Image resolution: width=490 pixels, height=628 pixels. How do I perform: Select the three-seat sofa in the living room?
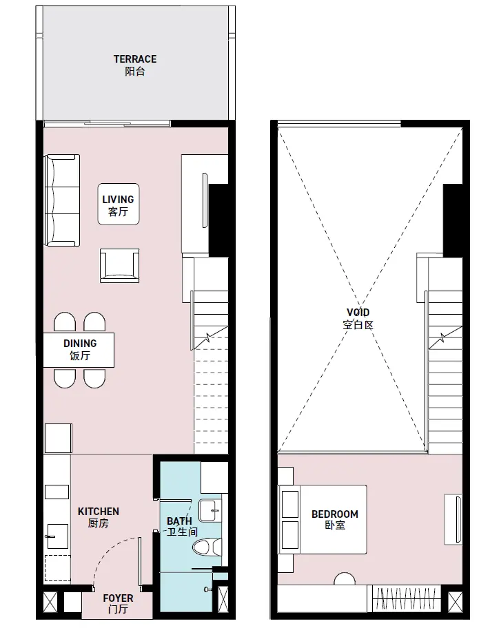62,200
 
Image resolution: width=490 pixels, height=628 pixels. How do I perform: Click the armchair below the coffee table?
119,266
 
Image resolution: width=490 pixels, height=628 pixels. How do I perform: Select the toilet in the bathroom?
207,547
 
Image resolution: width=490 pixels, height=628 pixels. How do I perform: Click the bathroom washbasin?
210,511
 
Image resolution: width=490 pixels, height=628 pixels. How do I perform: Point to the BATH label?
179,521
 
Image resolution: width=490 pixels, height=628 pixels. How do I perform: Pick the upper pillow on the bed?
290,504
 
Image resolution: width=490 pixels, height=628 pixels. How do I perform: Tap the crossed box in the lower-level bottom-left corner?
50,602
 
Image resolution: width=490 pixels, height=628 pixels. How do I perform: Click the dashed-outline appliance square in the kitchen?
57,568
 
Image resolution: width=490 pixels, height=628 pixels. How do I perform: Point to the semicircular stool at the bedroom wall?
345,579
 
